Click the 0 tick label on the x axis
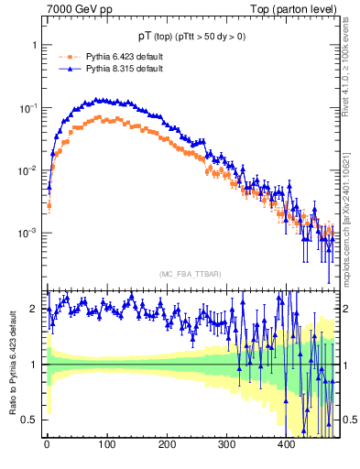point(47,444)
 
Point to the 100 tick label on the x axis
point(106,444)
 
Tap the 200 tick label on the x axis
point(166,444)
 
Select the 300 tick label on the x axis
point(226,444)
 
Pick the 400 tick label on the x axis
point(286,444)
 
